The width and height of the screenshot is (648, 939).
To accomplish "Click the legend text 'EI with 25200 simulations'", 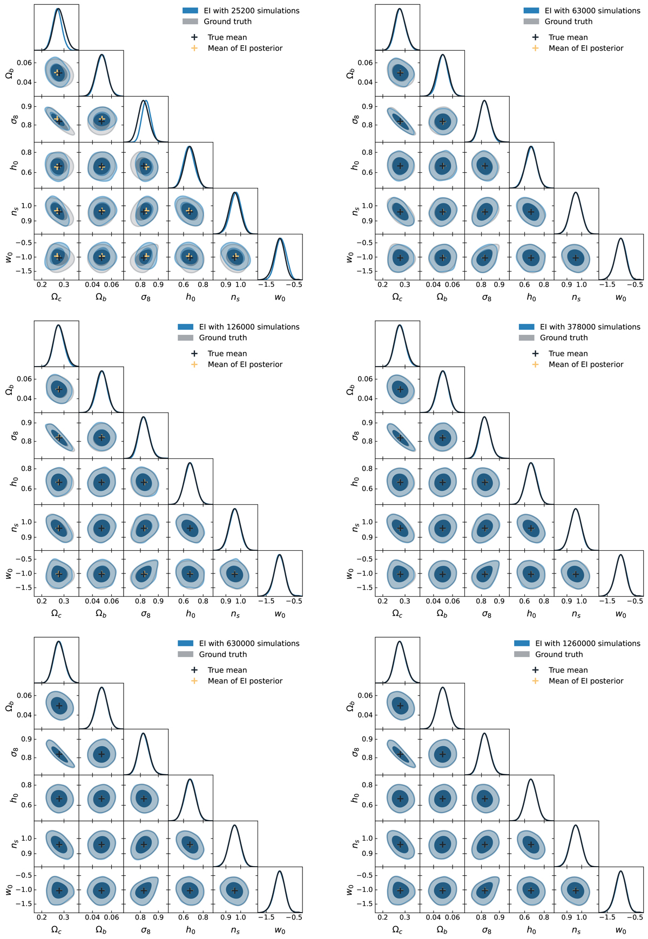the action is [x=252, y=11].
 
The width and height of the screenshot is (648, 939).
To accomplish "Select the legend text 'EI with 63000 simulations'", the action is [x=592, y=11].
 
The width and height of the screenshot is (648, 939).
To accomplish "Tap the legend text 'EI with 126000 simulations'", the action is [x=249, y=327].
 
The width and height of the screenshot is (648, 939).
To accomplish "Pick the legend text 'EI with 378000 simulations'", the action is [x=590, y=327].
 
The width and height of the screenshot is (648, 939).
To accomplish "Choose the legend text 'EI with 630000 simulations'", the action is [x=249, y=644].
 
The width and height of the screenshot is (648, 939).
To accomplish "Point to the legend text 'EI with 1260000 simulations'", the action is [x=588, y=644].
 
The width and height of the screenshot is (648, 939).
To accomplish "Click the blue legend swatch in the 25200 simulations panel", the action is [x=191, y=11].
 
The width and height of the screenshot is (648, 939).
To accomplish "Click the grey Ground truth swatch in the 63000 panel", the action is [x=531, y=22].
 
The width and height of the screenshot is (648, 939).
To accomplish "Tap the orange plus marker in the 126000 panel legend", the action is [x=194, y=364].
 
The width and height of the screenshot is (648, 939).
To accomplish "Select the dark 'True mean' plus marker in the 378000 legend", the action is [x=535, y=354].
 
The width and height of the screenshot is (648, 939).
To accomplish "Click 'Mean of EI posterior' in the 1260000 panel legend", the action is [x=586, y=681].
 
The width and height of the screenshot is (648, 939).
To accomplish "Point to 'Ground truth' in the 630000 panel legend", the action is [x=223, y=654].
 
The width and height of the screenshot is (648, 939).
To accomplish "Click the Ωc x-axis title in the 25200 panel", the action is [x=56, y=298].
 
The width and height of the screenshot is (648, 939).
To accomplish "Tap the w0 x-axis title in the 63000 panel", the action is [x=621, y=298].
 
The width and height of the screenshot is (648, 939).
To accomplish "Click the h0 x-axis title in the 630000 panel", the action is [x=190, y=930].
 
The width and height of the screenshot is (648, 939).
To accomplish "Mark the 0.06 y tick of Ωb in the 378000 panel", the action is [x=365, y=379].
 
